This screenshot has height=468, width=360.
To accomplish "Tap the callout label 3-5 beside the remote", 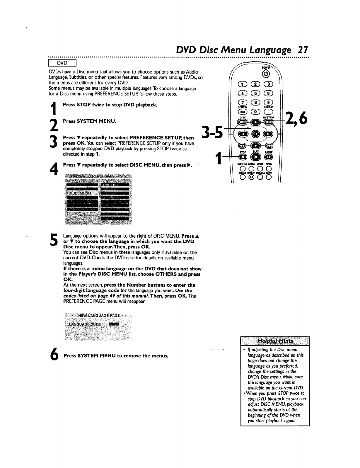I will coord(212,133).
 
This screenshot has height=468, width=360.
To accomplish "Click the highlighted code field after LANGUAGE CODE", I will coord(114,324).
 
